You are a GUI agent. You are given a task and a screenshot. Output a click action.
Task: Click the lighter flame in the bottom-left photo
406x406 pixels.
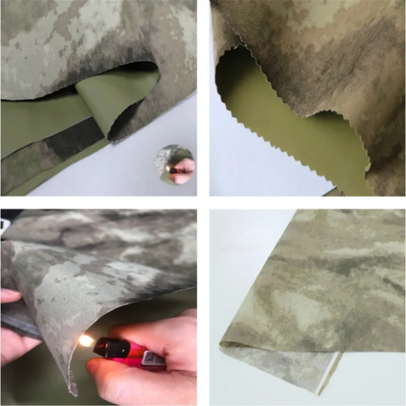click(x=85, y=340)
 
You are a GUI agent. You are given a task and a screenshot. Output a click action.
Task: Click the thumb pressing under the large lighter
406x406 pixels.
click(x=109, y=367)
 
